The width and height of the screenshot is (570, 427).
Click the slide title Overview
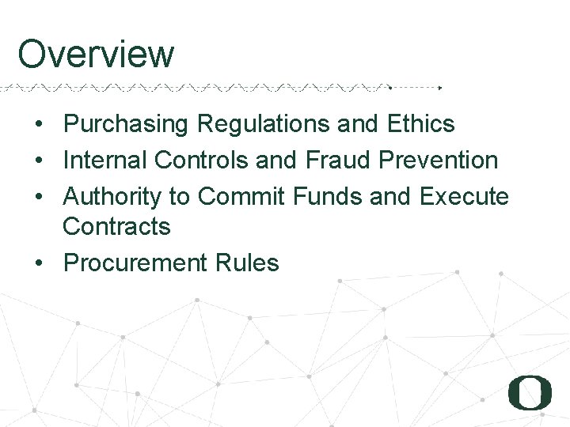click(96, 55)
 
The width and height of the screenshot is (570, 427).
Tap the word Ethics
click(421, 124)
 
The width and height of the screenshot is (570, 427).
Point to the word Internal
click(105, 160)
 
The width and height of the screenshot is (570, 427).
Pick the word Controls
click(202, 160)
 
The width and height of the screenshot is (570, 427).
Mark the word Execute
click(465, 195)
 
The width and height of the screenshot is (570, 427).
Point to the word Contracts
click(116, 227)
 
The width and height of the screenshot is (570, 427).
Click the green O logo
click(530, 391)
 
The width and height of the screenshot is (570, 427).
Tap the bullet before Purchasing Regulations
click(38, 125)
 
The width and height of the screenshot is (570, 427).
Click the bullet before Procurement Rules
click(38, 263)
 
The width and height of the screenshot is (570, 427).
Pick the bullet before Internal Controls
click(38, 161)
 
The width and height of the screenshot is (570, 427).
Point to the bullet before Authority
click(38, 196)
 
